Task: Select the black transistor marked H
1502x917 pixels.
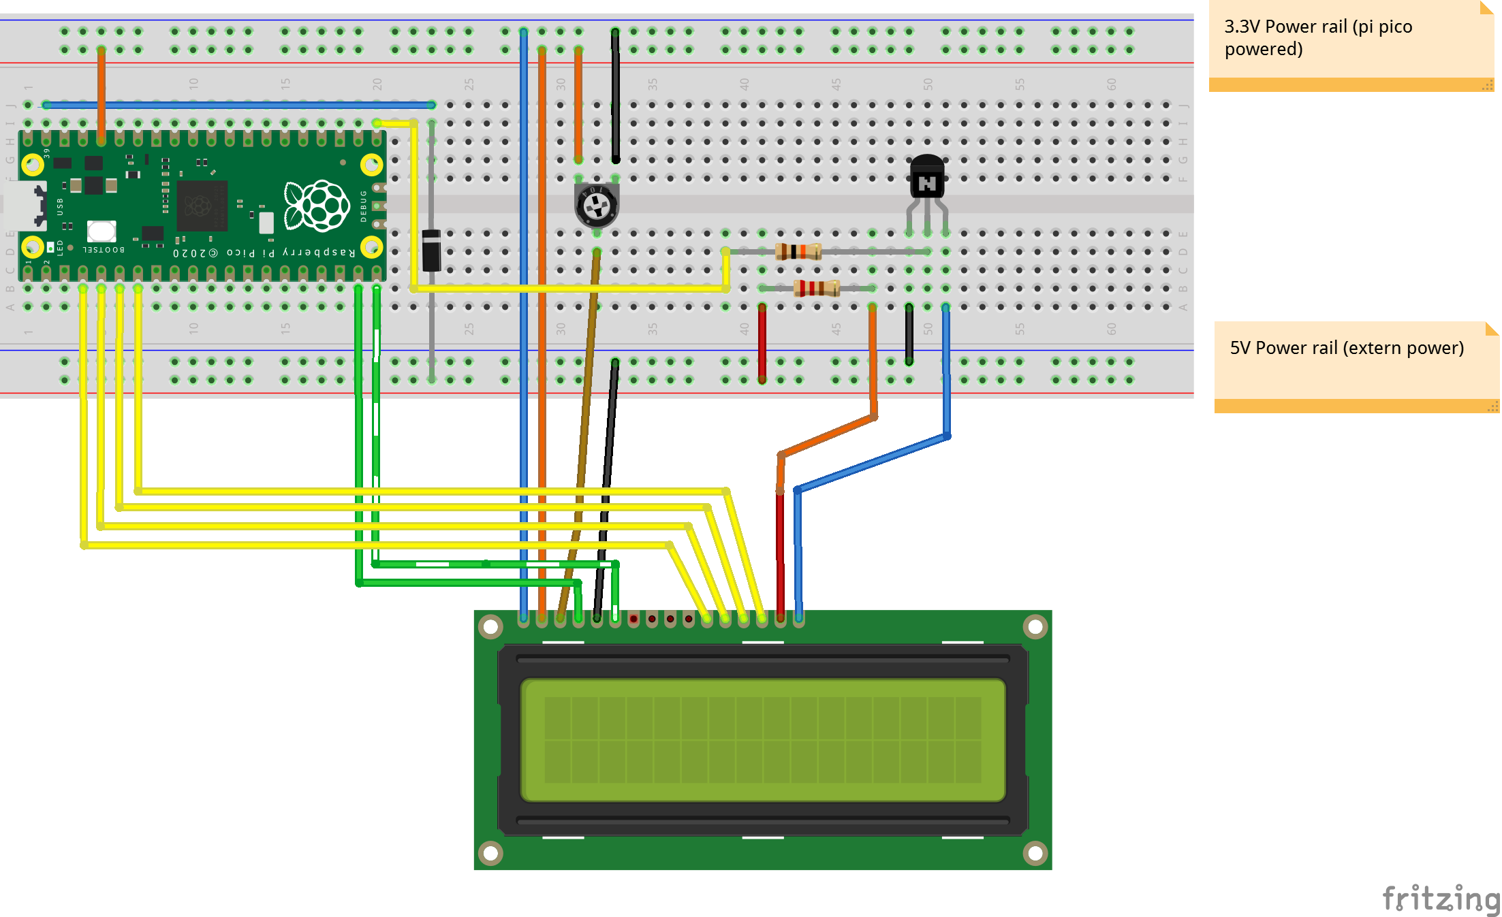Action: (x=927, y=178)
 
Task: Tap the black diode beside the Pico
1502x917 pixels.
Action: (x=431, y=251)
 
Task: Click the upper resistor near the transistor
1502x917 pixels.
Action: (x=798, y=252)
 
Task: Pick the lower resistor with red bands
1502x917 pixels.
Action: (x=817, y=289)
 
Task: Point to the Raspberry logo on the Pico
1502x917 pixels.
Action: (x=317, y=205)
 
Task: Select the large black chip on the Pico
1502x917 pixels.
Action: (x=202, y=205)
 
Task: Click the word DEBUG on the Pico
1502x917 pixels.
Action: (x=364, y=206)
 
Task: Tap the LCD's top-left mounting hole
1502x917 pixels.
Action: (x=490, y=626)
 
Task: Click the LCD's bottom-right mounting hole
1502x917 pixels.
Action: (x=1035, y=852)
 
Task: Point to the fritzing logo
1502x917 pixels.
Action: (x=1441, y=899)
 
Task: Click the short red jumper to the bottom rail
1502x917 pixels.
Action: (x=762, y=344)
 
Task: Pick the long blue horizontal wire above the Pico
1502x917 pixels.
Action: (x=238, y=105)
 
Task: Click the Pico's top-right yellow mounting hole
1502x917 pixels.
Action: (x=371, y=164)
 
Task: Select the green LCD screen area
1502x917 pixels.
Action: (x=762, y=739)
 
